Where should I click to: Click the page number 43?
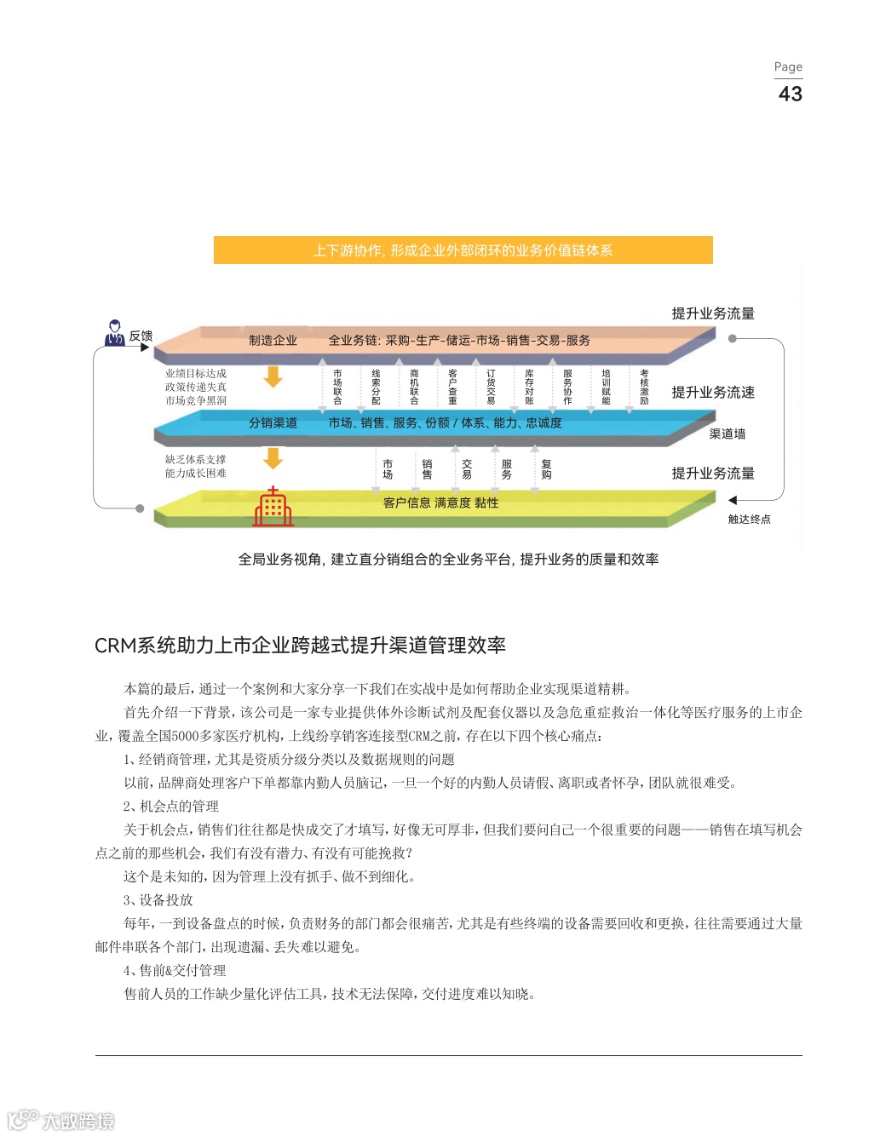pos(790,94)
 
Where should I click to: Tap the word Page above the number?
pos(788,66)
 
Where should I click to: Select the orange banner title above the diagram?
pos(463,250)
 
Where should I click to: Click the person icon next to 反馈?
pos(114,333)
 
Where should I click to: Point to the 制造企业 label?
pos(273,341)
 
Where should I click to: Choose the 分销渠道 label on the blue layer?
pos(273,423)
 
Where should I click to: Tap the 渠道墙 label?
pos(727,434)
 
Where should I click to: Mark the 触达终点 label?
pos(749,520)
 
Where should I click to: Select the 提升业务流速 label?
pos(712,393)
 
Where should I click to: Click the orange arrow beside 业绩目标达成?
pos(273,376)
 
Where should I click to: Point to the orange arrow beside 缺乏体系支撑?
pos(273,459)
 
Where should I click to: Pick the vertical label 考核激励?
pos(644,387)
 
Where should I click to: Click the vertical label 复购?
pos(546,469)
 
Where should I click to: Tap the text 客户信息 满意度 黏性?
pos(440,503)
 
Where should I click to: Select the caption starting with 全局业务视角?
pos(448,560)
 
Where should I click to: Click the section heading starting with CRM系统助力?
pos(300,646)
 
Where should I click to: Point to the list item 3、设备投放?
pos(158,900)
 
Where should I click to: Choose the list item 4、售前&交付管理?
pos(175,971)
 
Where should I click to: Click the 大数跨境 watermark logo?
pos(61,1120)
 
